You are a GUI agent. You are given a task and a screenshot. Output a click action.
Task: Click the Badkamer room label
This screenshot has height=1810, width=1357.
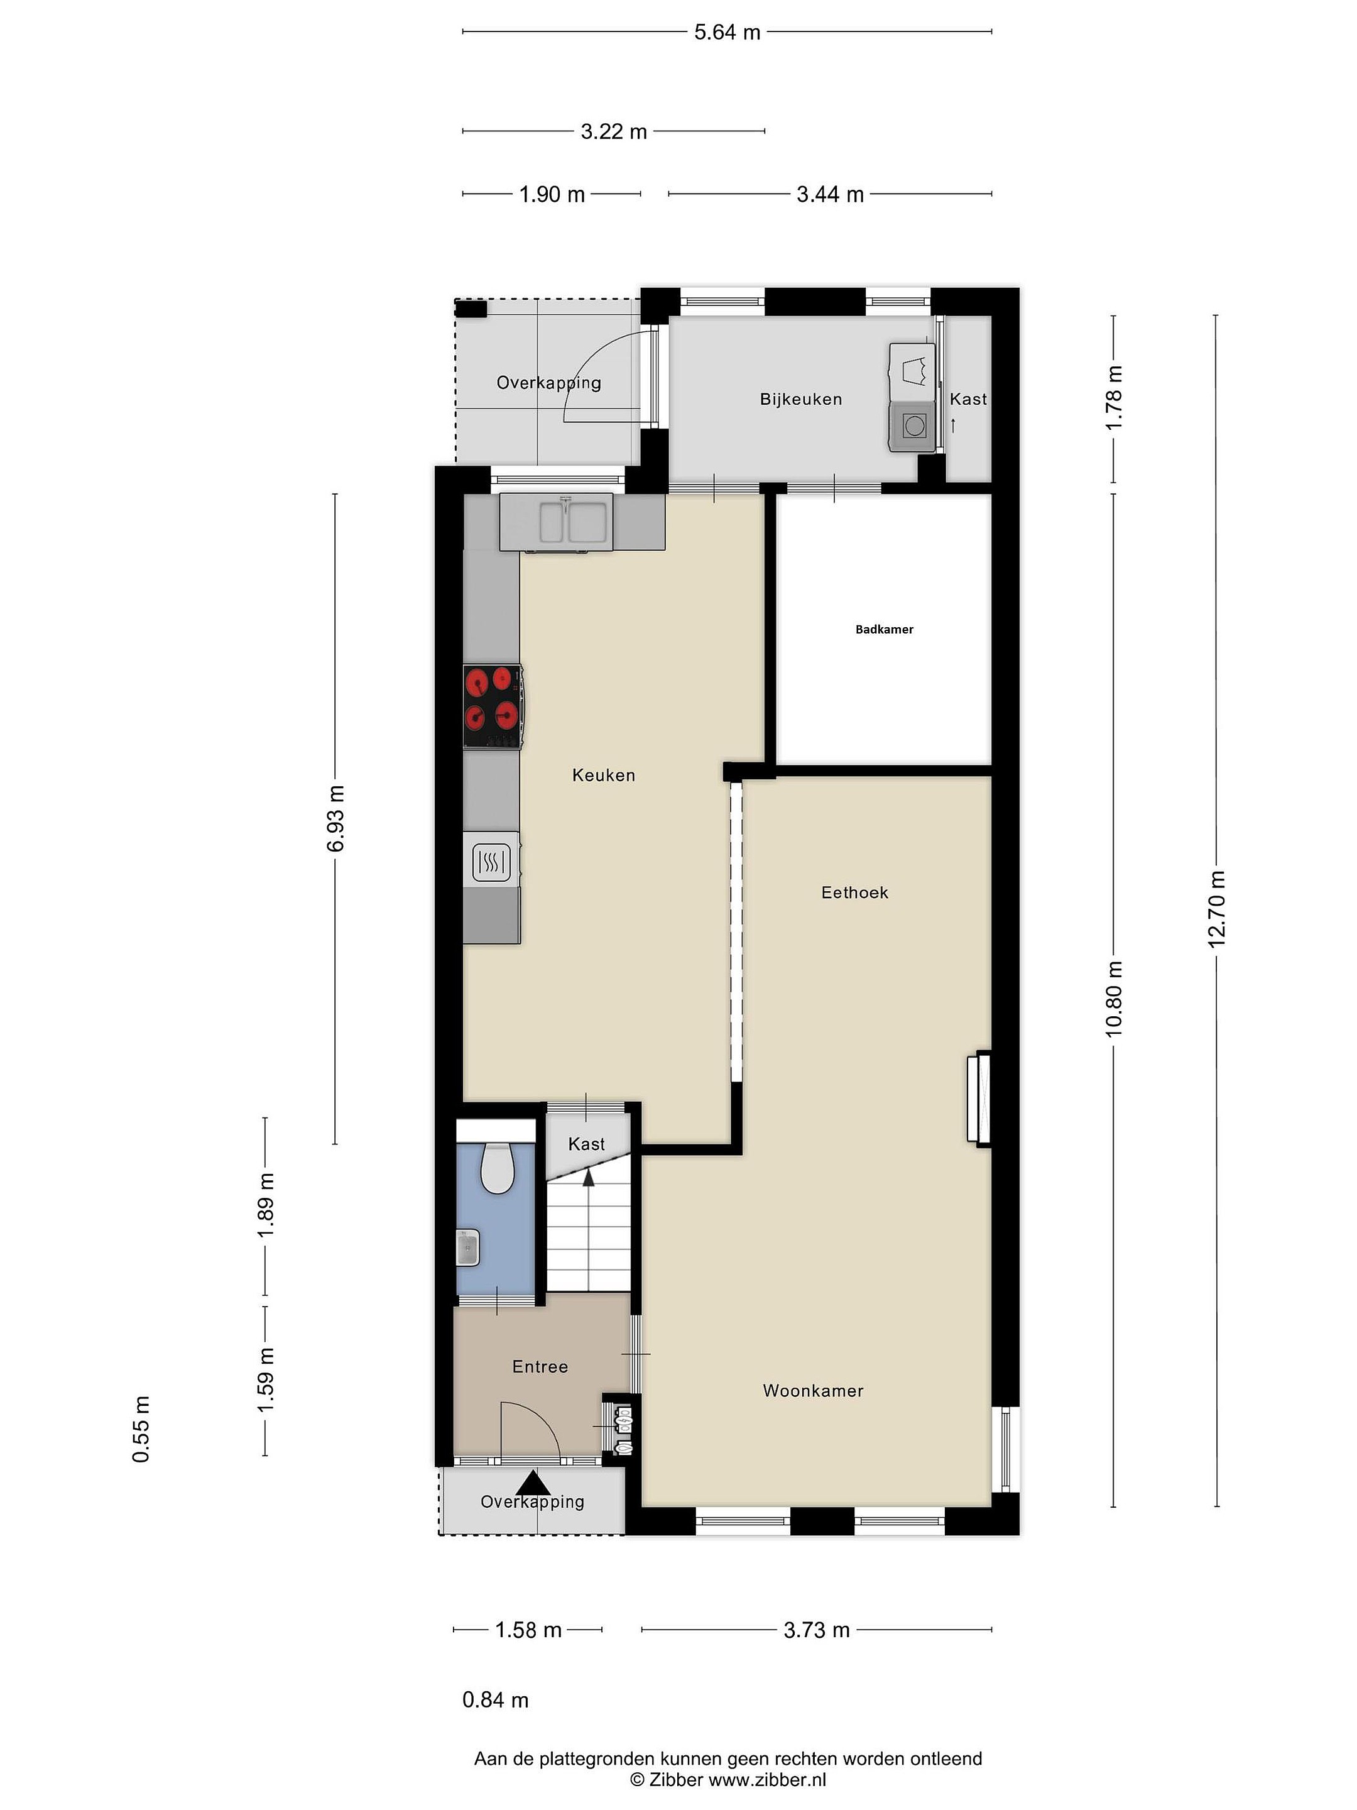pos(883,629)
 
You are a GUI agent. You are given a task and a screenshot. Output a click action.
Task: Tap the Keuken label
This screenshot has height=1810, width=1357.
pos(604,775)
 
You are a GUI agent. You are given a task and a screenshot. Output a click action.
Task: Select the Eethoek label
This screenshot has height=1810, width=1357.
pos(854,892)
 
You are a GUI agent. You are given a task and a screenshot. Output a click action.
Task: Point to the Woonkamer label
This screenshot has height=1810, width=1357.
pos(813,1390)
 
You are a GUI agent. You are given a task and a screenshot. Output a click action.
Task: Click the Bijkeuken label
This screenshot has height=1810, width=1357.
pos(801,399)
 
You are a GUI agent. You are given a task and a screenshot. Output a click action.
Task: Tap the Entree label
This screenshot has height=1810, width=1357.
pos(540,1366)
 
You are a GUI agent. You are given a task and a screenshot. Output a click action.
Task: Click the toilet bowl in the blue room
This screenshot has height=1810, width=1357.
pos(496,1168)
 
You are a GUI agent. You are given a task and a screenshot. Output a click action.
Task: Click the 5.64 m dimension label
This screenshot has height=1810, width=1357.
pos(727,32)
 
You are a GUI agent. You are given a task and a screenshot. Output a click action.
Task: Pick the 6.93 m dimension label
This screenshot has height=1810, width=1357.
pos(335,818)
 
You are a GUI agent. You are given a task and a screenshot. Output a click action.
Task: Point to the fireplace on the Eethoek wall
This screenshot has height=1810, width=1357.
pos(978,1098)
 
